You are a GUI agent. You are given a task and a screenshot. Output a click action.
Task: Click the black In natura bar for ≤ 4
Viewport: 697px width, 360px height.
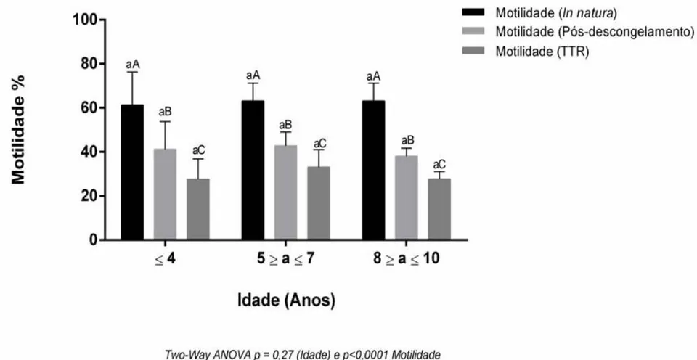coord(132,173)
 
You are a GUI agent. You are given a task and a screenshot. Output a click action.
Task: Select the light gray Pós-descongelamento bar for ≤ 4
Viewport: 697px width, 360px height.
coord(165,195)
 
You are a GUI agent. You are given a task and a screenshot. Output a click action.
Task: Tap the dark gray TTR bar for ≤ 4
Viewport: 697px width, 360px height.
coord(197,209)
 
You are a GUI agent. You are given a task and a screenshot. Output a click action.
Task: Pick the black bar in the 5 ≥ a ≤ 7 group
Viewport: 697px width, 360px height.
coord(253,171)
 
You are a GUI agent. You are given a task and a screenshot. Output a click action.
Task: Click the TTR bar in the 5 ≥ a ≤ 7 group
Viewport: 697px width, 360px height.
coord(318,203)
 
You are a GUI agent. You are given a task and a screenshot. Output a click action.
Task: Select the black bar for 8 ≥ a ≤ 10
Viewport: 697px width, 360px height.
coord(374,171)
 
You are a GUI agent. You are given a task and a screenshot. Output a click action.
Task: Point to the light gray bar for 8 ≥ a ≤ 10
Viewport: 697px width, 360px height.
coord(407,197)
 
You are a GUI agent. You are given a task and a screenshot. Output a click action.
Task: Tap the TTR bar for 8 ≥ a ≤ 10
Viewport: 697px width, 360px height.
coord(439,209)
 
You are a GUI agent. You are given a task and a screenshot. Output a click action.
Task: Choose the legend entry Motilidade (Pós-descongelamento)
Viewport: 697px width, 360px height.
coord(578,33)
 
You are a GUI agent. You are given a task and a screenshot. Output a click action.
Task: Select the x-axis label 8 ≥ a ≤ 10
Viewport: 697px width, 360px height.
coord(407,259)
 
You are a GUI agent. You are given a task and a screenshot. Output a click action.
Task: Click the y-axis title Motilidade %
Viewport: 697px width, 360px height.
coord(18,129)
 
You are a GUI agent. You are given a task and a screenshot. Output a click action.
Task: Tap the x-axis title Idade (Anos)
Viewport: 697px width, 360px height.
coord(286,301)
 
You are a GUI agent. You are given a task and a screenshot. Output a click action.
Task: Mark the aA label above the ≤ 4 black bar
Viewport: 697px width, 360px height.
coord(132,65)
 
